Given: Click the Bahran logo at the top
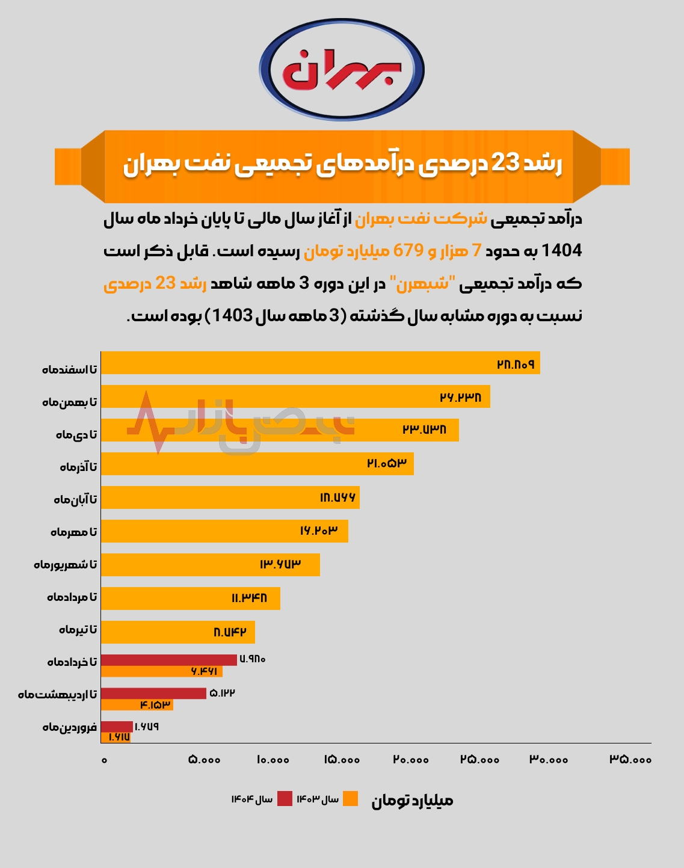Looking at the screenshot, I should coord(342,69).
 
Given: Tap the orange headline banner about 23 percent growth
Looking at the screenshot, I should coord(342,165).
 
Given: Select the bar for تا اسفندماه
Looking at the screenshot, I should coord(320,363).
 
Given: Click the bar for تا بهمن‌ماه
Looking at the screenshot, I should coord(295,397).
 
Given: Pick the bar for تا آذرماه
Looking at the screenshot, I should coord(257,464).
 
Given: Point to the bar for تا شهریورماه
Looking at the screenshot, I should coord(210,565).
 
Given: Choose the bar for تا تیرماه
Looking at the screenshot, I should coord(177,632).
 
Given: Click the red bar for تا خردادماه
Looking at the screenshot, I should coord(168,660).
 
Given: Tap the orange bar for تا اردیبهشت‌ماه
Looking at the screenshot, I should coord(137,705).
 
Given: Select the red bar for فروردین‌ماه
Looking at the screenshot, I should coord(116,727).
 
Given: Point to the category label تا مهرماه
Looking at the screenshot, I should coord(73,532).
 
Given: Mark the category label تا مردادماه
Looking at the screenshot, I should coord(72,597).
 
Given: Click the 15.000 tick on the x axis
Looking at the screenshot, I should coord(342,760).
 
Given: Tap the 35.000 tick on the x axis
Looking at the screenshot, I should coord(630,760).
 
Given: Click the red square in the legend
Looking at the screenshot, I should coord(285,799).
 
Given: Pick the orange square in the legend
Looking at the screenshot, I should coord(350,799).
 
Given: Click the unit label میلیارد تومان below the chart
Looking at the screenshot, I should coord(412,801).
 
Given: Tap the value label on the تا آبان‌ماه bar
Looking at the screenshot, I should coord(337,497).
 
